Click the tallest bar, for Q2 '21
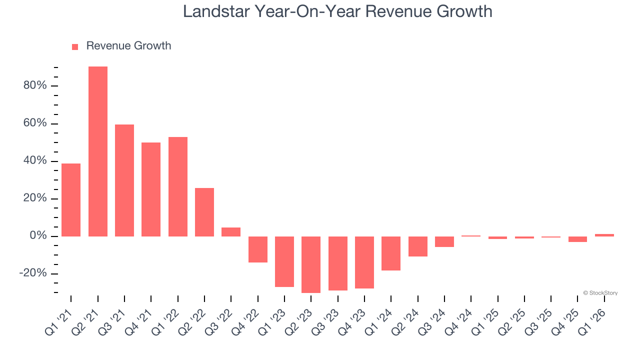(98, 151)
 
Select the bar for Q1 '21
(71, 200)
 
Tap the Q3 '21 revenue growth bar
(124, 180)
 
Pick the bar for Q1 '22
(178, 186)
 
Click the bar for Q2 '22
(204, 212)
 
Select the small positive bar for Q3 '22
(231, 232)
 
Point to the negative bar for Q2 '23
(311, 264)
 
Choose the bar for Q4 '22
(258, 249)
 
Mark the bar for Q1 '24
(391, 253)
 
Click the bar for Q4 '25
(577, 239)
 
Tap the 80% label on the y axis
(35, 85)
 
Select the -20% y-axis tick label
(33, 273)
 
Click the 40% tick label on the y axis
(35, 161)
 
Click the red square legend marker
(75, 47)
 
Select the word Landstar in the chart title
(217, 11)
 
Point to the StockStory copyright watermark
(600, 293)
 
